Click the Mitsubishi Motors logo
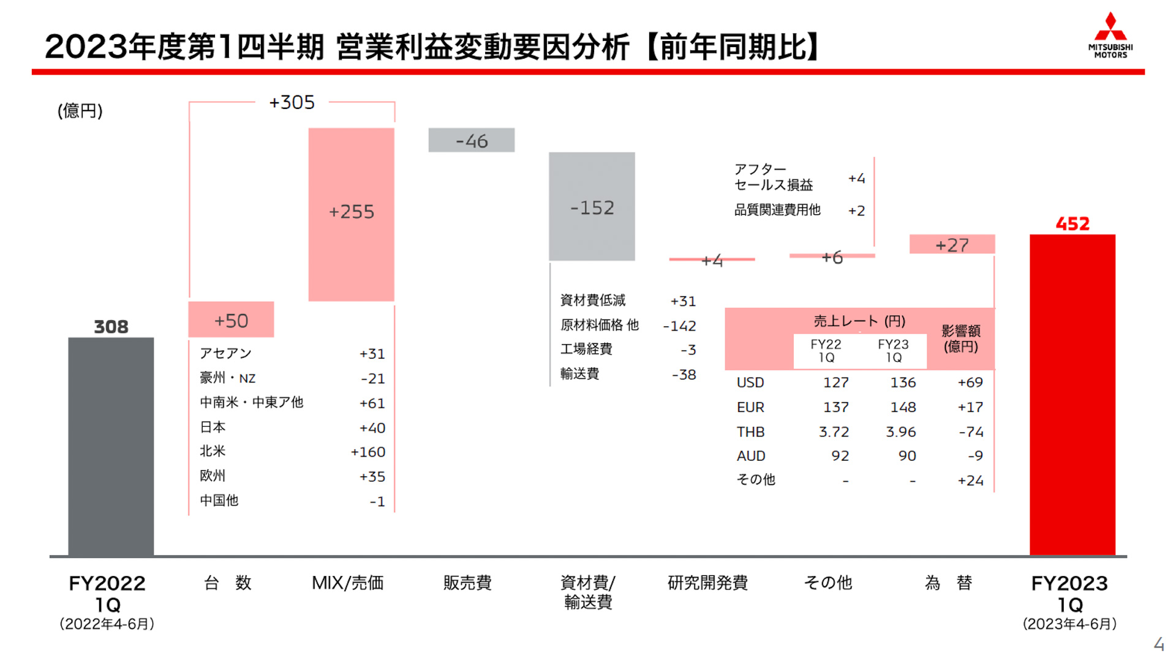(x=1110, y=35)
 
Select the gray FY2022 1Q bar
(x=111, y=446)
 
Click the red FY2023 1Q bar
(x=1072, y=395)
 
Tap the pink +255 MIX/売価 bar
(x=351, y=214)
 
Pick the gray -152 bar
(x=592, y=207)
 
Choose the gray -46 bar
(x=471, y=140)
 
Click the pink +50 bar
(x=231, y=319)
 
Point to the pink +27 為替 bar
(x=952, y=244)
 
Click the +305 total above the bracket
(x=292, y=102)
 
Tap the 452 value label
(x=1072, y=223)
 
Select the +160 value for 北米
(x=367, y=452)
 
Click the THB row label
(x=750, y=431)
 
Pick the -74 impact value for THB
(x=971, y=431)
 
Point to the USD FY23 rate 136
(x=903, y=383)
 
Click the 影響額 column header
(x=960, y=338)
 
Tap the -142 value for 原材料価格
(x=679, y=326)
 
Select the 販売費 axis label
(x=467, y=583)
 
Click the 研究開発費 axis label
(x=707, y=583)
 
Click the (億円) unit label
(x=80, y=111)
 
